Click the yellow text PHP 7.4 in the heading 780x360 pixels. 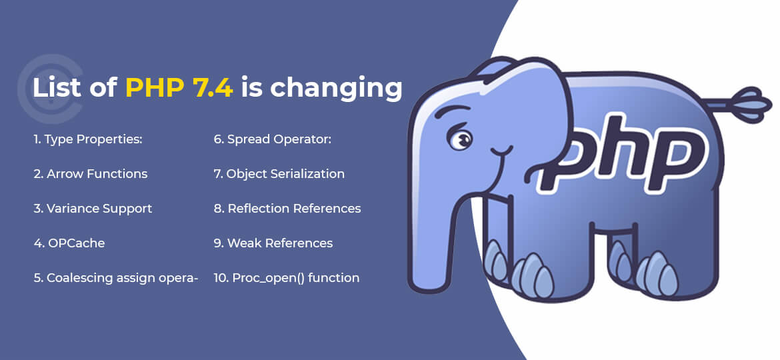pyautogui.click(x=179, y=88)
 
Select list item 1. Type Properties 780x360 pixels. pyautogui.click(x=88, y=139)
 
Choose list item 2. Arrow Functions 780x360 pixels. pyautogui.click(x=90, y=174)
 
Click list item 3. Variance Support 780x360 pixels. pyautogui.click(x=93, y=209)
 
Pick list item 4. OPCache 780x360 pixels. pyautogui.click(x=69, y=243)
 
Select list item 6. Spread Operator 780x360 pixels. pyautogui.click(x=273, y=139)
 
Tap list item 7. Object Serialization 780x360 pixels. pyautogui.click(x=279, y=174)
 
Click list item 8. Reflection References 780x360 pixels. pyautogui.click(x=287, y=209)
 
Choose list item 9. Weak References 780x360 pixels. pyautogui.click(x=273, y=243)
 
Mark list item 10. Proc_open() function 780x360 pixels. pyautogui.click(x=286, y=278)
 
